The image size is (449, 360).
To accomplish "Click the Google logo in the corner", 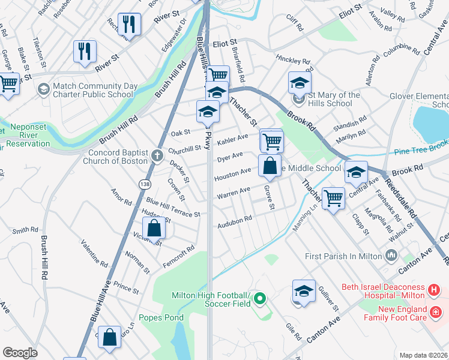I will click(x=19, y=353).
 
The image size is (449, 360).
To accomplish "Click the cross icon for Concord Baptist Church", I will click(x=157, y=156).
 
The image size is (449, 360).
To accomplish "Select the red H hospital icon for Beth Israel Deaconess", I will click(x=434, y=290).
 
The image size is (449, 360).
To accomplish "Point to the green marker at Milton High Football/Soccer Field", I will click(x=259, y=298).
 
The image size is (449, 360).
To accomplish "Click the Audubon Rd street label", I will click(x=235, y=221).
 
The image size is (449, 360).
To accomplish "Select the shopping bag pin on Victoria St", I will click(x=154, y=229).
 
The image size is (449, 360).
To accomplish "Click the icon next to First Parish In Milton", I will click(x=391, y=256).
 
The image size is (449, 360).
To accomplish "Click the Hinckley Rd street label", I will click(x=293, y=61).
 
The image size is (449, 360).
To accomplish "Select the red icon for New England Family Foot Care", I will click(x=436, y=313).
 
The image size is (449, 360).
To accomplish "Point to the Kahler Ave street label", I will click(x=233, y=139).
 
